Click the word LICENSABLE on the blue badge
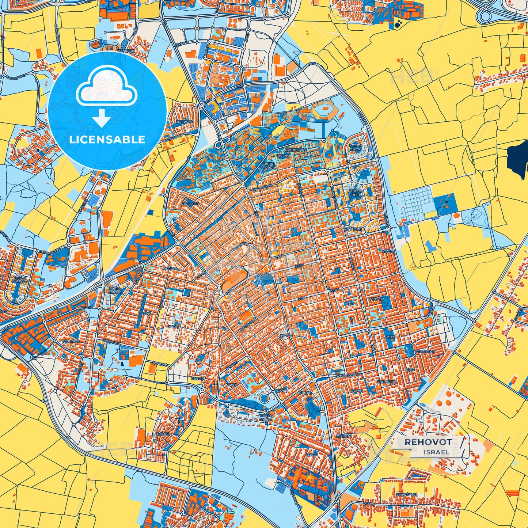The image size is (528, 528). pyautogui.click(x=107, y=140)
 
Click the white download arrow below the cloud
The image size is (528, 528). pyautogui.click(x=101, y=118)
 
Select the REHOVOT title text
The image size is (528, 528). pyautogui.click(x=428, y=442)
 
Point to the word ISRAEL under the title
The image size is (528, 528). pyautogui.click(x=437, y=452)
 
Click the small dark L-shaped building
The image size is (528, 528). pyautogui.click(x=122, y=364)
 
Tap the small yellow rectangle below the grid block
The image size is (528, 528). pyautogui.click(x=431, y=214)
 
